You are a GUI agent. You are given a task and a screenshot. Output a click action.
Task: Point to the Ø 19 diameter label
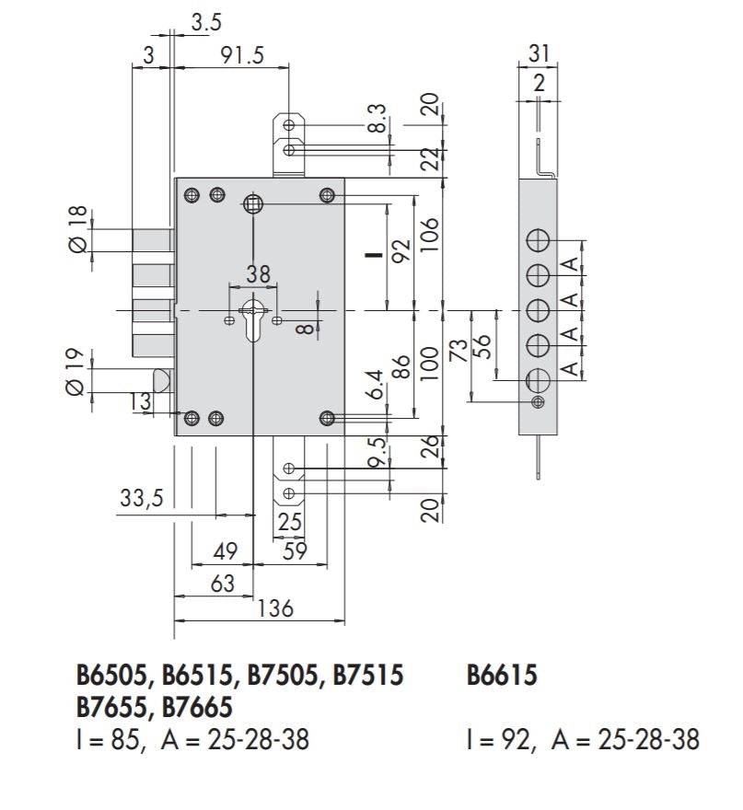[77, 373]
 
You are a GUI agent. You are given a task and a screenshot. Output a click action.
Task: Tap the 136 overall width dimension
[275, 608]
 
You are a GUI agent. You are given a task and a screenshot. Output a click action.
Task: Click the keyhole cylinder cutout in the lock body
[252, 318]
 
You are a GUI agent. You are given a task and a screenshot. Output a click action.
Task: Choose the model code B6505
[114, 677]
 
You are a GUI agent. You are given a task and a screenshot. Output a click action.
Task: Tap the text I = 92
[502, 739]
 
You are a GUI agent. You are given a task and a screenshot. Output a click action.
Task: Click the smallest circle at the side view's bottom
[538, 401]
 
